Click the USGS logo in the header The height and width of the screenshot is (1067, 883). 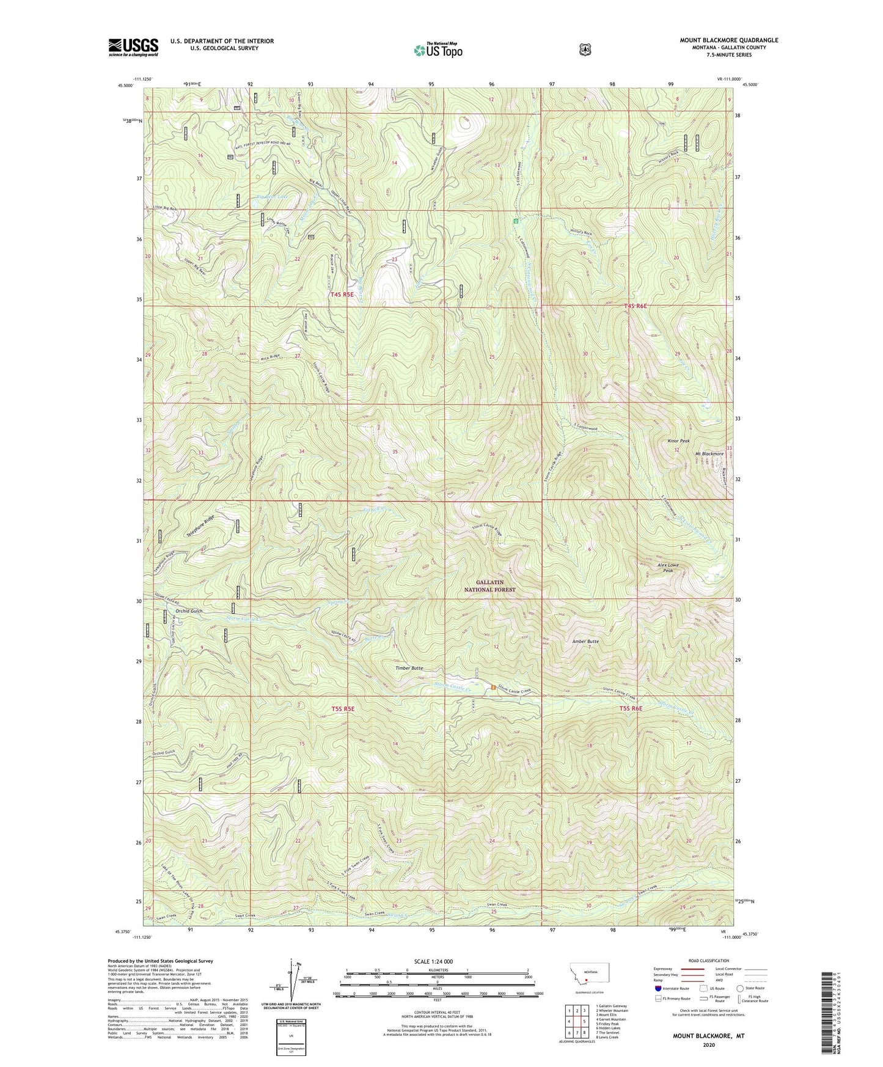point(133,47)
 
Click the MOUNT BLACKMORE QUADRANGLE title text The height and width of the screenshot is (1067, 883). point(729,40)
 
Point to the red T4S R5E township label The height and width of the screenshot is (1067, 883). point(342,295)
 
